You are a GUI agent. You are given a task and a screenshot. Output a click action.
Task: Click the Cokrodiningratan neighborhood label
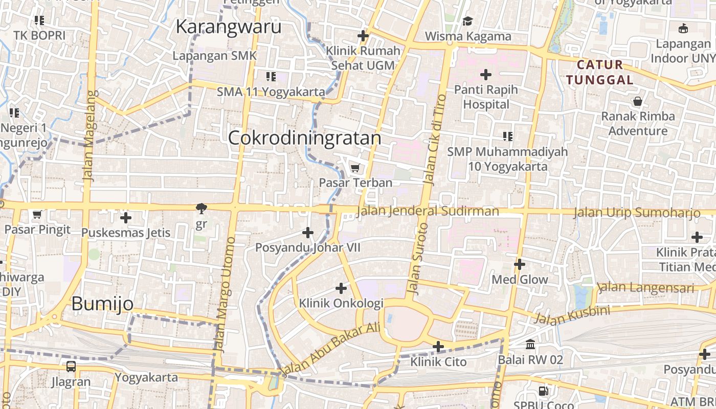tap(305, 138)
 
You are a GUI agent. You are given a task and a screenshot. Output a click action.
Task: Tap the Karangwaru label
tap(229, 27)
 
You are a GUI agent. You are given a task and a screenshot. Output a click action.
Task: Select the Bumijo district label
tap(102, 304)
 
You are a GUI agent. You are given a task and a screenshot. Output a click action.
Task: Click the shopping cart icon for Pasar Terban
tap(355, 168)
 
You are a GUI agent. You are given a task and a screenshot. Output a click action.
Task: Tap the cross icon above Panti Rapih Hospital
tap(485, 75)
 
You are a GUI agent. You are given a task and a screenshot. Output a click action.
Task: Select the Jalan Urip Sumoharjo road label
tap(636, 212)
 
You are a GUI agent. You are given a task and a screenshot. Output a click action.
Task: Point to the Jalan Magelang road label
tap(89, 135)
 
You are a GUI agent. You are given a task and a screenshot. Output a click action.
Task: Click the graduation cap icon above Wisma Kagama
tap(467, 21)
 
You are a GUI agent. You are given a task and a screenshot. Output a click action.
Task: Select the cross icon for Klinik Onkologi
tap(341, 288)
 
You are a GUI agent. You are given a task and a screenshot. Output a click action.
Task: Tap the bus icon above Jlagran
tap(71, 367)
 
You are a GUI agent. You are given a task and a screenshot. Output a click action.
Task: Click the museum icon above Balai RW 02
tap(530, 344)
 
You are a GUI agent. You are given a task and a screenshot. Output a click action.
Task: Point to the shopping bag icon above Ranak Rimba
tap(637, 101)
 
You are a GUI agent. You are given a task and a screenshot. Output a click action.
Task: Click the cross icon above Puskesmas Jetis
tap(125, 218)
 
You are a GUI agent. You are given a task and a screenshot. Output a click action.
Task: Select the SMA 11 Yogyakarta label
tap(271, 92)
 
